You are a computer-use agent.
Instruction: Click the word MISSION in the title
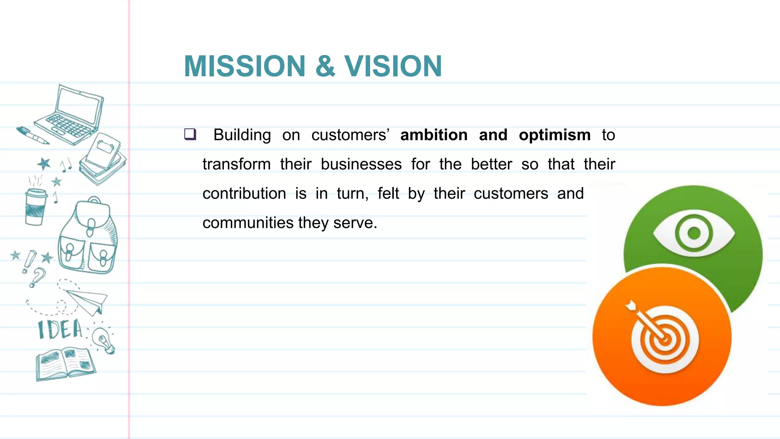[245, 66]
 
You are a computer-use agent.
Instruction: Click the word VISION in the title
[393, 66]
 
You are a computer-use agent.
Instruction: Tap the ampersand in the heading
[325, 66]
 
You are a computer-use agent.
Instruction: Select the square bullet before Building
[190, 134]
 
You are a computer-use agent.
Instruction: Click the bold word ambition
[434, 135]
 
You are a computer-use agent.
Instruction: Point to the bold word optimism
[555, 135]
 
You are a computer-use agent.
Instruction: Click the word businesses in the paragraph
[361, 164]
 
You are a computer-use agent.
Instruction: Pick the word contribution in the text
[244, 194]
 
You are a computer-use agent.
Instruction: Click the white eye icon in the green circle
[694, 233]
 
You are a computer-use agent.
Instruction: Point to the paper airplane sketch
[87, 301]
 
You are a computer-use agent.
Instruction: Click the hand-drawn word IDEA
[60, 330]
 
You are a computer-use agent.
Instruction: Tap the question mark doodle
[37, 277]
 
